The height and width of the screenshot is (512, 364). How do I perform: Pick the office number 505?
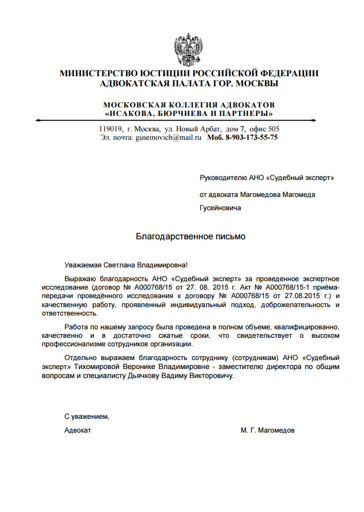click(273, 129)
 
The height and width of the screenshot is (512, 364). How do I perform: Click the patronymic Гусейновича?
click(220, 208)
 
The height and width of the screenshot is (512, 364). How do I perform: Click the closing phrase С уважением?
click(87, 417)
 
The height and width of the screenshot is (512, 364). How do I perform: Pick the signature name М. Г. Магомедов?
click(268, 430)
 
